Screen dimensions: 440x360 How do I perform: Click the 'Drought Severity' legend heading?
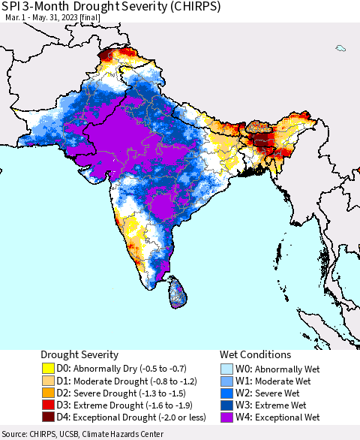click(79, 354)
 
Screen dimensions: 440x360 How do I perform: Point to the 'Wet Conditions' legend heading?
click(254, 354)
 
